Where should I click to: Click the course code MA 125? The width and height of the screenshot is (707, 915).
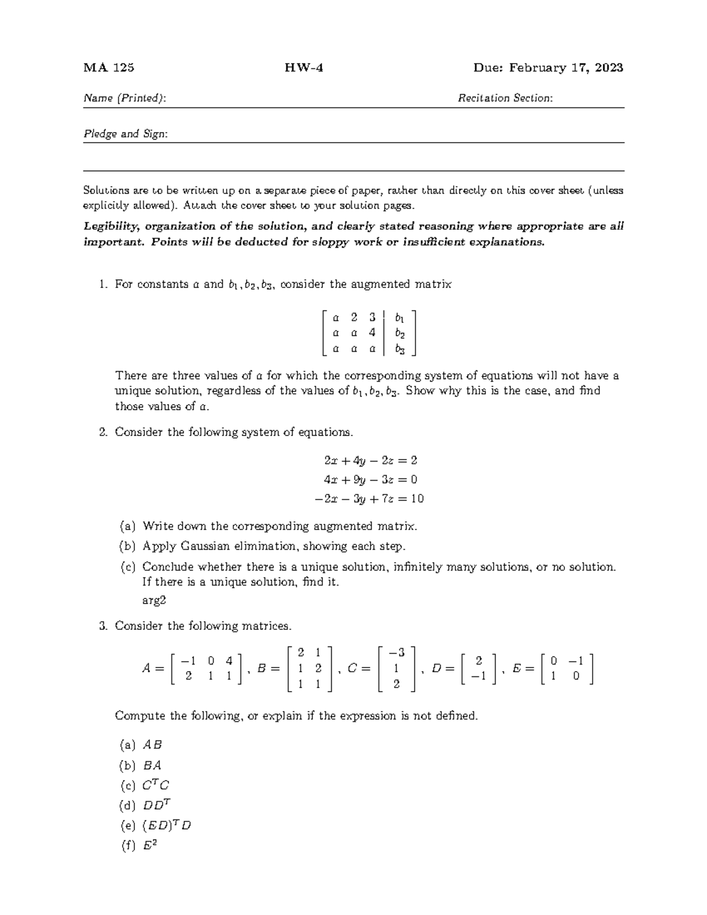109,68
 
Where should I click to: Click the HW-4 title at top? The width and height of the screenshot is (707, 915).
304,68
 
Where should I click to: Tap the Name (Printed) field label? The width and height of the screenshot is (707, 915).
124,98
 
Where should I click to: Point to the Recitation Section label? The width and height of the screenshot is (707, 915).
505,98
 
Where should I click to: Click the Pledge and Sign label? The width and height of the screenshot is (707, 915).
125,134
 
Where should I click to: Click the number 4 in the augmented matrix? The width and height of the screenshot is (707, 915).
372,333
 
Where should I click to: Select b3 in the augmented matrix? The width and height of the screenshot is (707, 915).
400,349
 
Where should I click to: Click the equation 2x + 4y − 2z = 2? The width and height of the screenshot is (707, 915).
371,460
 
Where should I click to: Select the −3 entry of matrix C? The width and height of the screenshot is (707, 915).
397,652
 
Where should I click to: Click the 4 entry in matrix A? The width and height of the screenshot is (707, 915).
229,660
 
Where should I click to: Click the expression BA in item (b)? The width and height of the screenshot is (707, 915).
152,765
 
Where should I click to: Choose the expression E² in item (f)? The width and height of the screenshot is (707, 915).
150,846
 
